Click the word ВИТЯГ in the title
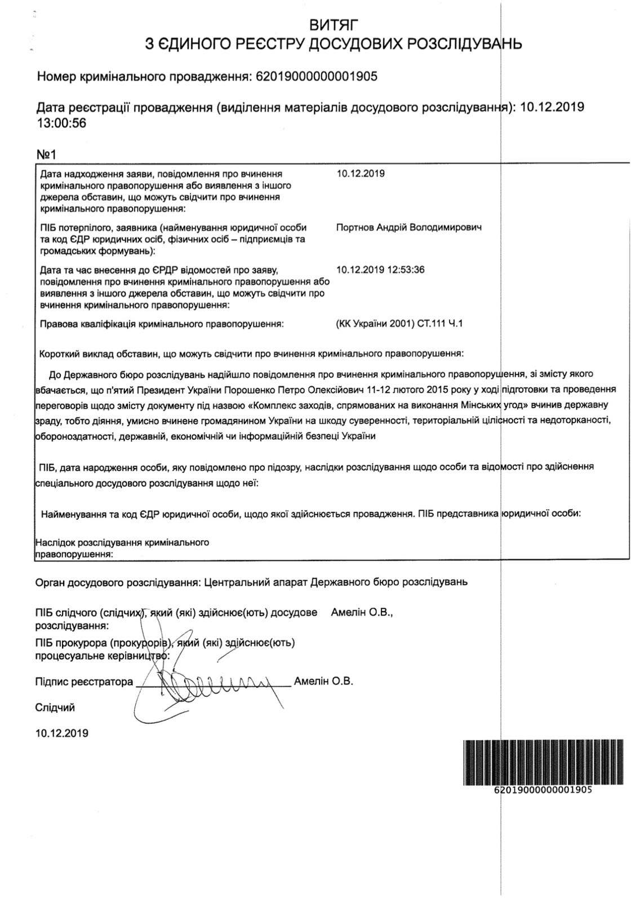(x=334, y=24)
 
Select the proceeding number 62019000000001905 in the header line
(x=317, y=77)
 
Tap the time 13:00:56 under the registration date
(x=61, y=123)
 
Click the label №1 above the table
(x=47, y=154)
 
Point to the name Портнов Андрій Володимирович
(x=408, y=228)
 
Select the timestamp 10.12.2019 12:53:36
(x=380, y=269)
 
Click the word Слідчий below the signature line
(x=55, y=708)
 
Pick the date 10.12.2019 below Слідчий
(x=62, y=733)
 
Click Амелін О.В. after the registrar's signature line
(x=323, y=681)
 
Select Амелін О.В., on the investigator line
(x=362, y=612)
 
